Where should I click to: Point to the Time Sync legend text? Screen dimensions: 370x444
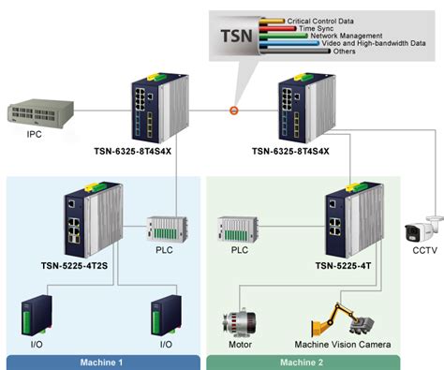point(322,28)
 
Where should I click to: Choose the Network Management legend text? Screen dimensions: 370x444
point(348,36)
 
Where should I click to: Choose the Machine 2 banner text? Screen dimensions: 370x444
point(303,362)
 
